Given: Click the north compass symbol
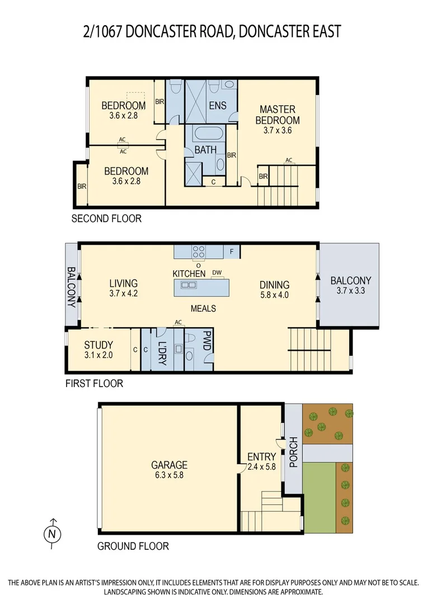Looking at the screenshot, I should (53, 534).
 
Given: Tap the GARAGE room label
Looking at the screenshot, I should (169, 465).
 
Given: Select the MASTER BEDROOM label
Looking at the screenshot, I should (278, 115).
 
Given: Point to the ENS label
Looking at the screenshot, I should (217, 106).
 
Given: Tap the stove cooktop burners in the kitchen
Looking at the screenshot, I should (199, 252).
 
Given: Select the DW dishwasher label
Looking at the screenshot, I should (217, 272).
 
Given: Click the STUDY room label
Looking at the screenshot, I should (98, 345).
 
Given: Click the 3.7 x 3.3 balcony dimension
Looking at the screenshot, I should (350, 291).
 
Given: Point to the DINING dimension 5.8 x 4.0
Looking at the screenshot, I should (274, 295).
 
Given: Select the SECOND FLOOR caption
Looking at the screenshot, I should (106, 219).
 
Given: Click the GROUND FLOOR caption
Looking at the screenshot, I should (133, 546).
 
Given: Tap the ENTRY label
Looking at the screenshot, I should (261, 457).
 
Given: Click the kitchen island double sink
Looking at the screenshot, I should (189, 285).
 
